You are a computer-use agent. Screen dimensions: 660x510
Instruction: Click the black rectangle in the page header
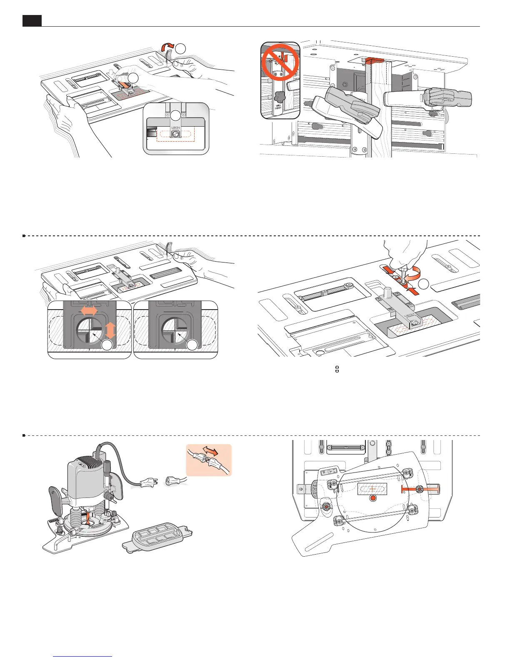[32, 20]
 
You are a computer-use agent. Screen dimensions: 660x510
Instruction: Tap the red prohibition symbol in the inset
[280, 63]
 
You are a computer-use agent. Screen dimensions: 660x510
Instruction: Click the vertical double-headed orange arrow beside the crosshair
[110, 330]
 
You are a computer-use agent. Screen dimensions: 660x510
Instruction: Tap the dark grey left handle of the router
[55, 500]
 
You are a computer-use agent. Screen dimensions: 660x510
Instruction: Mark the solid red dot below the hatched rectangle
[373, 499]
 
